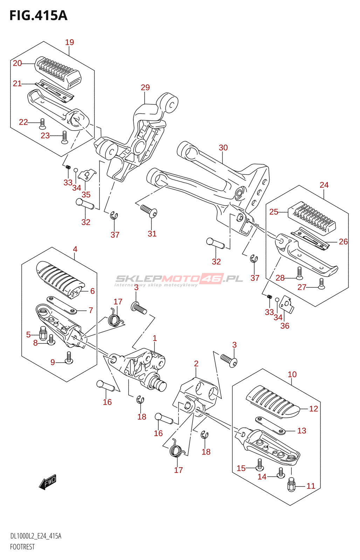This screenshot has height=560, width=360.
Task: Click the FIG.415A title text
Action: coord(39,15)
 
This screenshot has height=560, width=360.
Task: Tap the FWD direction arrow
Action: coord(48,482)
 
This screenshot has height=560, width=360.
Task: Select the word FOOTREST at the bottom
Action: coord(22,547)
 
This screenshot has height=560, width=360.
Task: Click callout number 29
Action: coord(145,87)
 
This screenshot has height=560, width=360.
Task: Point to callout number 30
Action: coord(223,148)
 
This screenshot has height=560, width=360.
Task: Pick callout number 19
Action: coord(70,42)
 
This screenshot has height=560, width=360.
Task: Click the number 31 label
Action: coord(152,234)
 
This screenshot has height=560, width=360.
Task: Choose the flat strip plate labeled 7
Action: coord(62,305)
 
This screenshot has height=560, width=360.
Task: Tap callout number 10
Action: coord(292,374)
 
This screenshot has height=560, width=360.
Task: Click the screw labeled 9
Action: coord(69,358)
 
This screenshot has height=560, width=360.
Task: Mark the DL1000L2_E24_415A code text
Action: coord(35,536)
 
